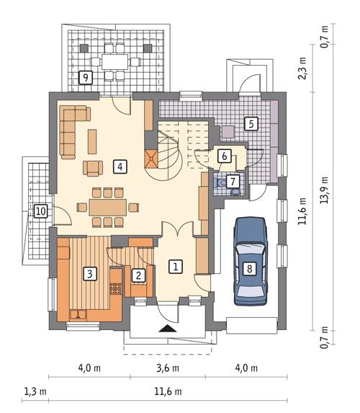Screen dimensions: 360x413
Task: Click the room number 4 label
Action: [x=120, y=166]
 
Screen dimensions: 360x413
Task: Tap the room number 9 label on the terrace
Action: [x=86, y=77]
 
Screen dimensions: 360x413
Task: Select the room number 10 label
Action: [x=41, y=211]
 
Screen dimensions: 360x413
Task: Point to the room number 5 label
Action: [x=251, y=123]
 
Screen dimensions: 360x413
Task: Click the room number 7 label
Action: [x=233, y=181]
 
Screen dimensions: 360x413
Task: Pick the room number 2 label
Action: [x=138, y=275]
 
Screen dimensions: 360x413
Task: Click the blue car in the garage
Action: [x=251, y=262]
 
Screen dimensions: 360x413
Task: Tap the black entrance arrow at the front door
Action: [x=167, y=329]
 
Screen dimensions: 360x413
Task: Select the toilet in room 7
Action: [x=220, y=182]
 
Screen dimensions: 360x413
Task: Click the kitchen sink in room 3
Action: [x=78, y=315]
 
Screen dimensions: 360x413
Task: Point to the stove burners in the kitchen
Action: [x=115, y=289]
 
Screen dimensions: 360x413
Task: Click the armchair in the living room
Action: [x=93, y=168]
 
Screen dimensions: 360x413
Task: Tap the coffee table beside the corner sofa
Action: [x=92, y=141]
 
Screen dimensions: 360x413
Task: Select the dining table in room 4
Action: [x=107, y=208]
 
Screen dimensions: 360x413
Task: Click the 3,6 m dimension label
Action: [x=168, y=368]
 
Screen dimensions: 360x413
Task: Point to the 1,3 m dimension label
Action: [x=35, y=391]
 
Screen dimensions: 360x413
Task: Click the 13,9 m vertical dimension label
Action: [x=324, y=190]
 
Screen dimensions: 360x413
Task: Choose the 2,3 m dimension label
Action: [x=302, y=68]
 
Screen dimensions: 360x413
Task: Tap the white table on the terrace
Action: [x=115, y=62]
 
